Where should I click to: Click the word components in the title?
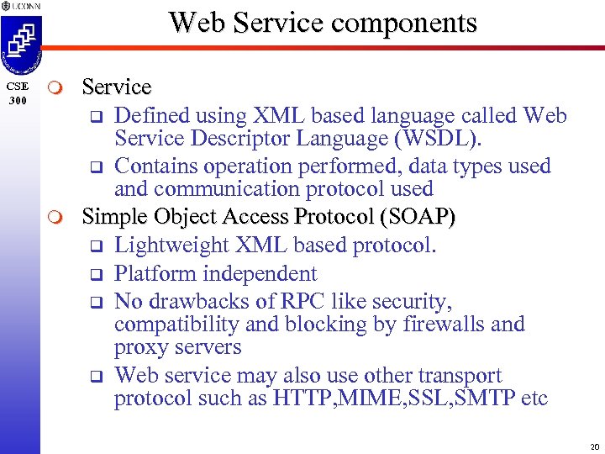coord(405,24)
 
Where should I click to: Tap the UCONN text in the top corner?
coord(23,7)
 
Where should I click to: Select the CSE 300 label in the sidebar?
coord(18,93)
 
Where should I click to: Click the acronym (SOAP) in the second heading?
coord(418,217)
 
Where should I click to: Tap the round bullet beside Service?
coord(56,88)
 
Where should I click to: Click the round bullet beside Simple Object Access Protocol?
coord(56,218)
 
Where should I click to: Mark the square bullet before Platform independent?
coord(96,274)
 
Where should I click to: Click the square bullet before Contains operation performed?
coord(96,166)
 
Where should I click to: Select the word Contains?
coord(152,166)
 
